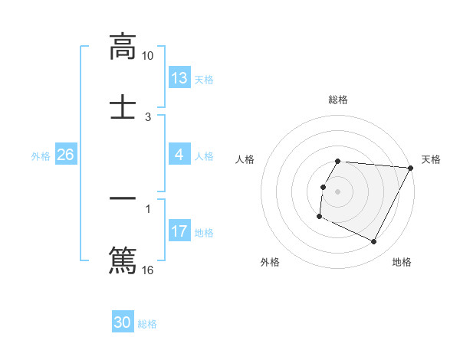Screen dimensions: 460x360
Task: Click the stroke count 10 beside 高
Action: [x=148, y=56]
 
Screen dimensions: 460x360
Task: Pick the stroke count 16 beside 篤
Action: [x=148, y=270]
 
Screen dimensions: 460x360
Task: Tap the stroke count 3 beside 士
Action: [x=148, y=117]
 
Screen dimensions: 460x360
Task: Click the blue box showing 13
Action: [x=179, y=78]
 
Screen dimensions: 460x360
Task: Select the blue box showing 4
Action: [x=179, y=155]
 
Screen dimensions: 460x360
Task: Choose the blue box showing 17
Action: [x=179, y=231]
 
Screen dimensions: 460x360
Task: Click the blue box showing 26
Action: [x=65, y=155]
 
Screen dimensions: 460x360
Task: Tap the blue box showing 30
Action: [x=123, y=322]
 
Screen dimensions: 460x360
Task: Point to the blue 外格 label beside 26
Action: [x=41, y=156]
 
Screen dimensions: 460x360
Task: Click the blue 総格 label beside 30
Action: [x=147, y=324]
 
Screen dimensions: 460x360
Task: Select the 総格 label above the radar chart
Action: [x=338, y=100]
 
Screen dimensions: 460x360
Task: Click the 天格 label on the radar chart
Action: [x=431, y=159]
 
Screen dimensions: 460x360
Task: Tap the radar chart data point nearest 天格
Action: [x=411, y=168]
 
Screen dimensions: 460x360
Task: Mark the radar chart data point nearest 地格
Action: [x=374, y=242]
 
